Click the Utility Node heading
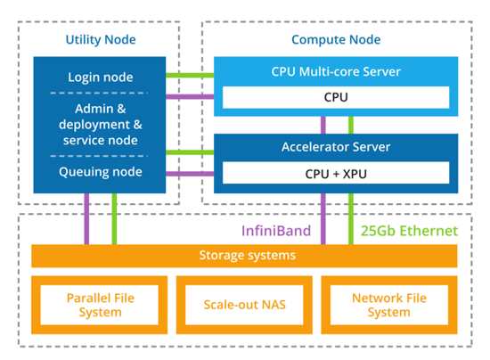click(101, 40)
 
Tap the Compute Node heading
click(336, 40)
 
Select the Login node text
click(101, 78)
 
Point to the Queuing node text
click(101, 172)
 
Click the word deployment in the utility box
click(94, 125)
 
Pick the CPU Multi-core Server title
click(336, 71)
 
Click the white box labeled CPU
click(336, 97)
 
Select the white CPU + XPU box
click(336, 173)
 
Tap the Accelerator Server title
click(336, 147)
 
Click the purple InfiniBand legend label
click(276, 231)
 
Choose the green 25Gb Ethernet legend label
click(410, 231)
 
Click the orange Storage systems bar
click(244, 256)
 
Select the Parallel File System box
click(100, 305)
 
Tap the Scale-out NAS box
click(244, 305)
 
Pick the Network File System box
click(389, 305)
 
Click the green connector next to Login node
click(190, 76)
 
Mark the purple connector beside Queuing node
click(190, 174)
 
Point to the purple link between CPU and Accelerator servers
click(323, 125)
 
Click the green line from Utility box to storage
click(114, 218)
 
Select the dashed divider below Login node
click(99, 93)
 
